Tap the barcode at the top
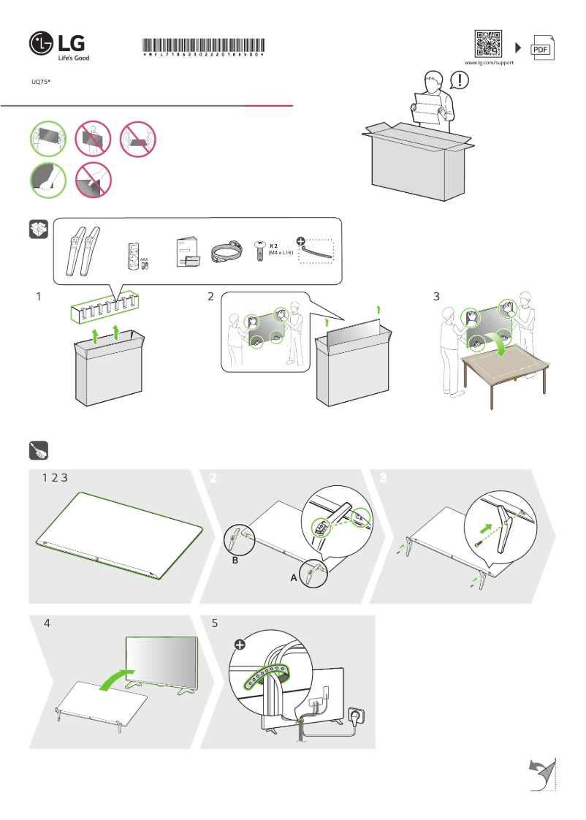[x=202, y=45]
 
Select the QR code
[x=489, y=44]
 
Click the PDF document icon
[x=541, y=48]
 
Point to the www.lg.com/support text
[x=490, y=64]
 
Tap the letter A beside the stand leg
[x=294, y=577]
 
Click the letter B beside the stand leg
[x=235, y=561]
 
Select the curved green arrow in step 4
[x=117, y=677]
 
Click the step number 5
[x=215, y=624]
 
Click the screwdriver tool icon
[x=39, y=451]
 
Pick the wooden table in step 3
[x=503, y=365]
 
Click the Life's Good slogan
[x=73, y=57]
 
